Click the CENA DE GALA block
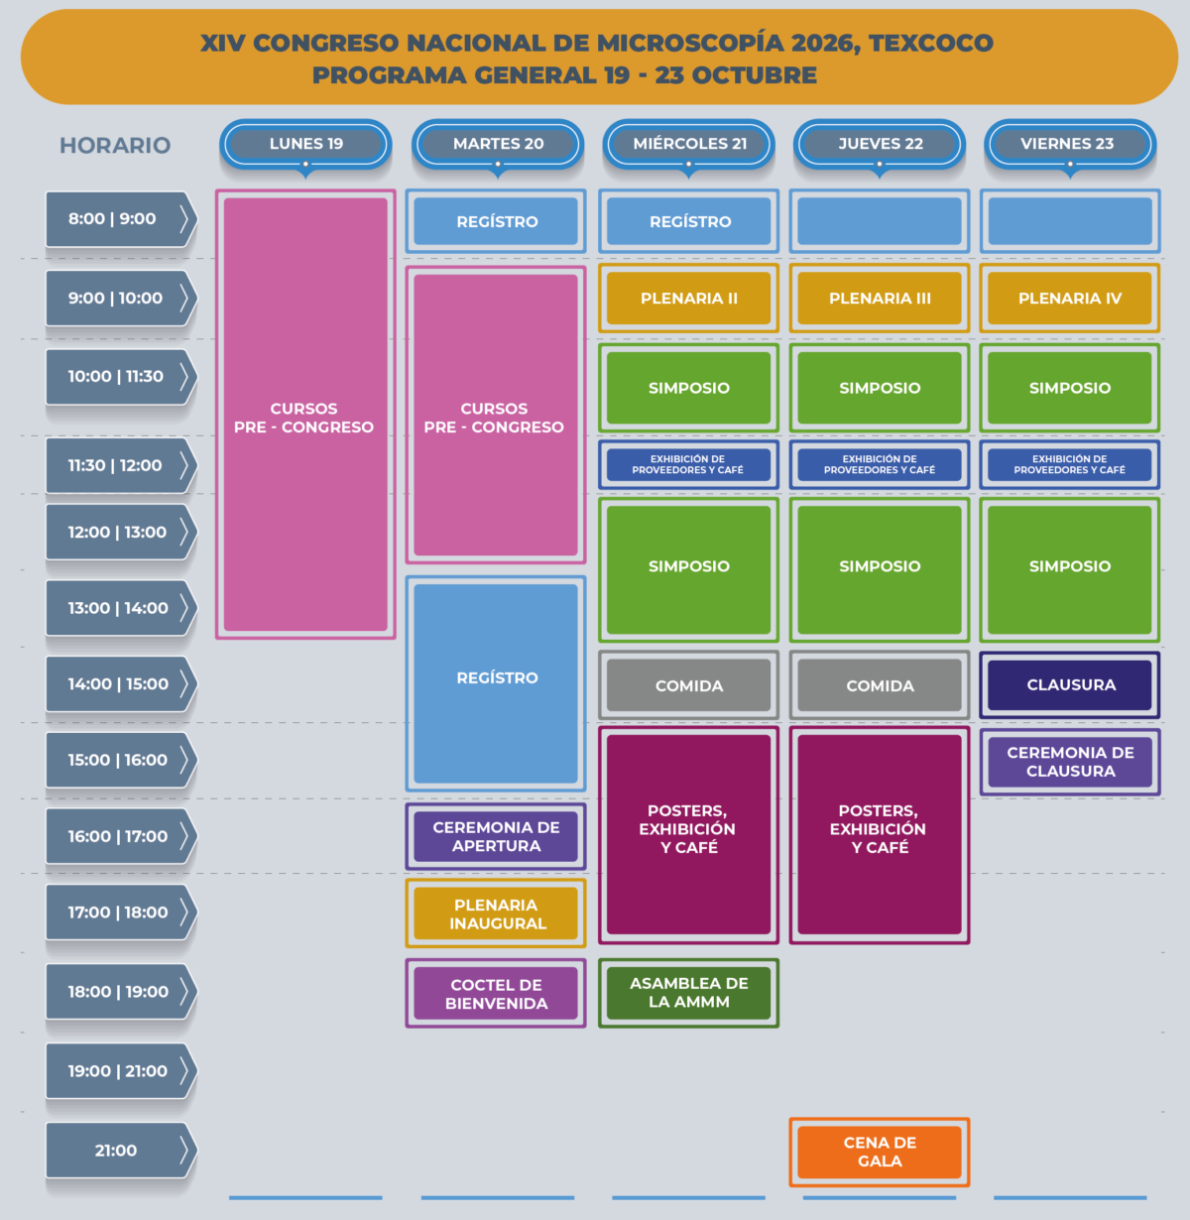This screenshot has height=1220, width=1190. pos(880,1152)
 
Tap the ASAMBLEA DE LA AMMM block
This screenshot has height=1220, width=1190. pos(688,993)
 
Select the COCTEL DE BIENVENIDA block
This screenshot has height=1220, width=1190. pos(496,993)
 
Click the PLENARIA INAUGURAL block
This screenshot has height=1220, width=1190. pos(496,913)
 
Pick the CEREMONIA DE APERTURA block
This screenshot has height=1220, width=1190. pos(496,836)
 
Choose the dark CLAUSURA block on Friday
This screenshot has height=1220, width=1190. pos(1070,684)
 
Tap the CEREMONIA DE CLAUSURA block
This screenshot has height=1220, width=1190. pos(1070,762)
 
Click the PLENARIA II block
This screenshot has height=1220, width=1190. pos(688,298)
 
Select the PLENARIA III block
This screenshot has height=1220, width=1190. pos(880,298)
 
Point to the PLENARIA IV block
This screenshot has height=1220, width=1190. pos(1070,298)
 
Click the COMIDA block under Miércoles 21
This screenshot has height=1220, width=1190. pos(688,684)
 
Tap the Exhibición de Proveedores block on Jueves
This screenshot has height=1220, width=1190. pos(880,464)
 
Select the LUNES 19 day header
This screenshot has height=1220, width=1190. pos(305,144)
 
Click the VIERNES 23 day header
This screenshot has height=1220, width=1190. pos(1070,144)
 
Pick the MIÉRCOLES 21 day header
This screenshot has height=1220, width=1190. pos(688,144)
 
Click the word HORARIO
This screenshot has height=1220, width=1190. pos(115,146)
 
